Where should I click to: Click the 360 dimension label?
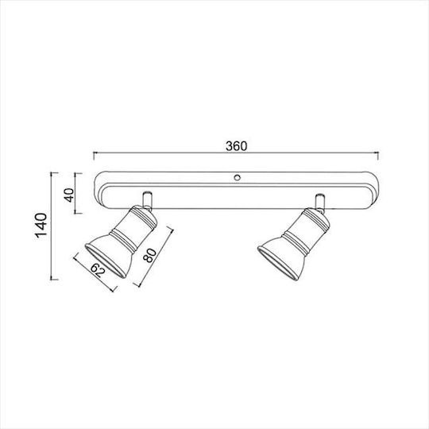click(237, 146)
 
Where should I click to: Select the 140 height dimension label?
click(41, 226)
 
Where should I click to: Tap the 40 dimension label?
click(69, 195)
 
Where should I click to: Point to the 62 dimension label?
click(98, 270)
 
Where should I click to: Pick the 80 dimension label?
click(151, 256)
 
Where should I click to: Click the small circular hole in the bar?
click(237, 177)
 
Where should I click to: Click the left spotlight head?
click(122, 242)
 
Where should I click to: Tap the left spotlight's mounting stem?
click(147, 200)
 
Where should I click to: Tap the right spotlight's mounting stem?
click(320, 203)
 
